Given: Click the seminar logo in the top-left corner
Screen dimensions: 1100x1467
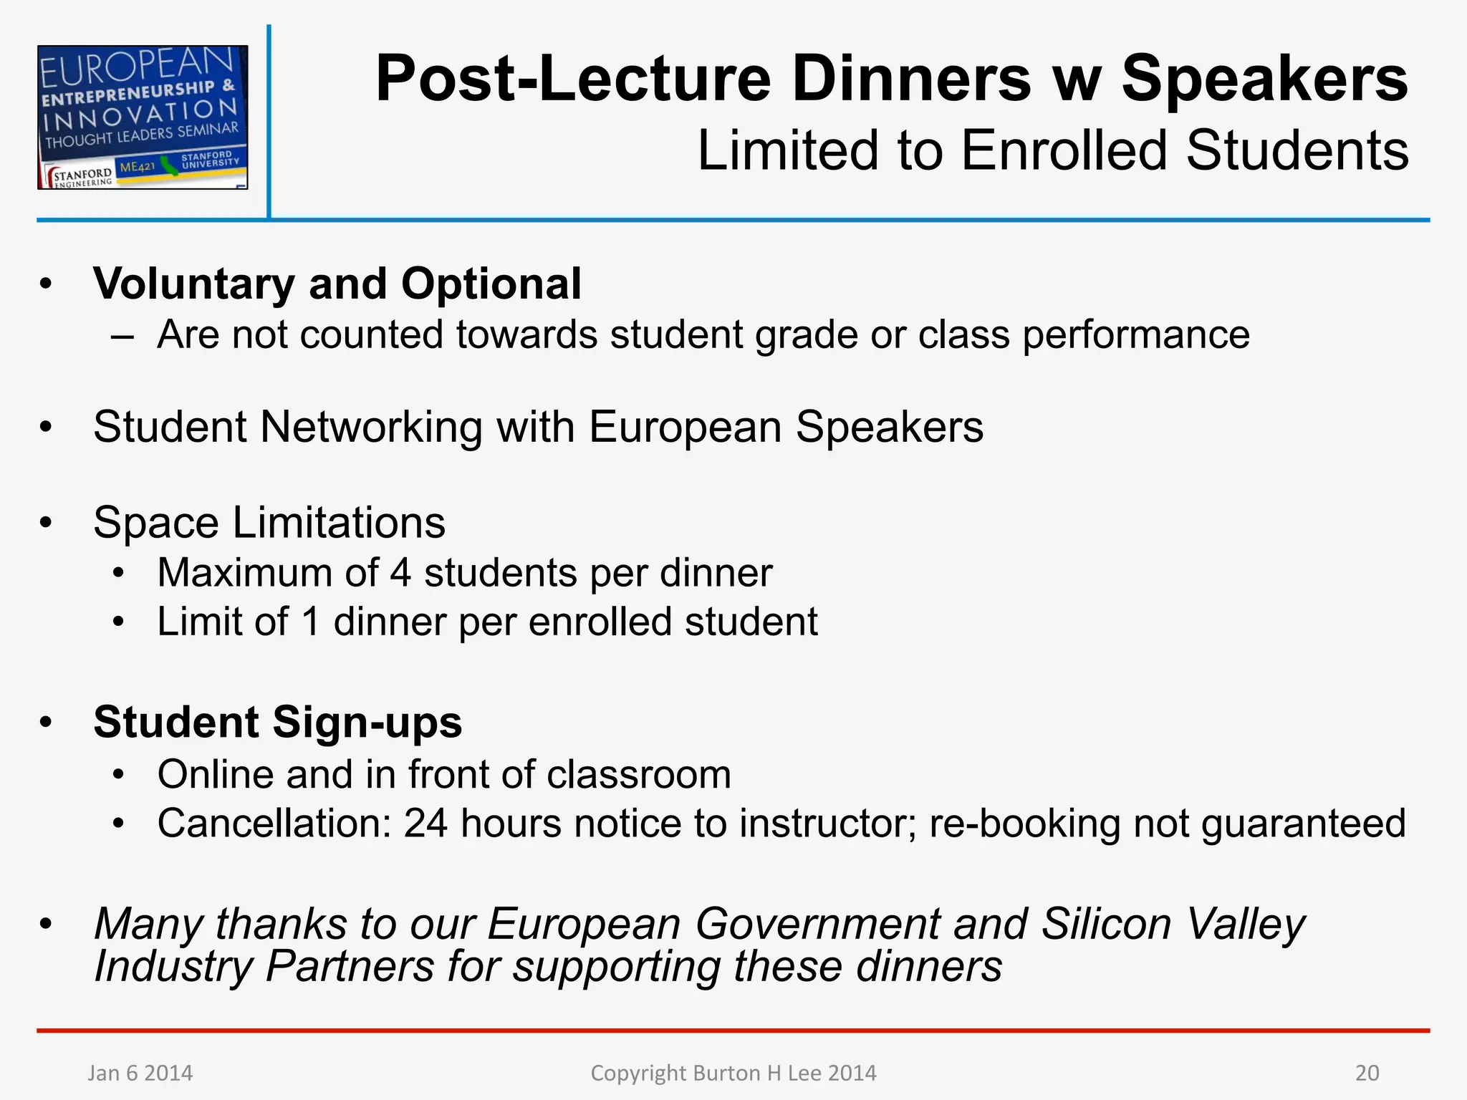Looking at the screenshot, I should (x=143, y=117).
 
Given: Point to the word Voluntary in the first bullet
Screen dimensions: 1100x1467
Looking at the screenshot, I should (x=194, y=284).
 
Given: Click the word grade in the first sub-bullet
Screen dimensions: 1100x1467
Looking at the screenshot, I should (x=807, y=335).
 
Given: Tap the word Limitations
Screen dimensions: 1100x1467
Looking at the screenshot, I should (x=339, y=523).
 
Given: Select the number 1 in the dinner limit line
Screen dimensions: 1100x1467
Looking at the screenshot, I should (x=310, y=622).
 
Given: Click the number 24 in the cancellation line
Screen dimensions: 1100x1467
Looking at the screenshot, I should (x=425, y=824).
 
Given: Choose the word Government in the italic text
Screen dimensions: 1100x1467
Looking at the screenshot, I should (x=817, y=924).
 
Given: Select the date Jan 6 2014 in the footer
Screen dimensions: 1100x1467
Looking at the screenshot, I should (x=140, y=1073).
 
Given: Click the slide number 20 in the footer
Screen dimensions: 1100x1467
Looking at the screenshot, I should (x=1367, y=1073).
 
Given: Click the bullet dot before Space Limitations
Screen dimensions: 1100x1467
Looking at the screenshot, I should (x=47, y=523).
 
